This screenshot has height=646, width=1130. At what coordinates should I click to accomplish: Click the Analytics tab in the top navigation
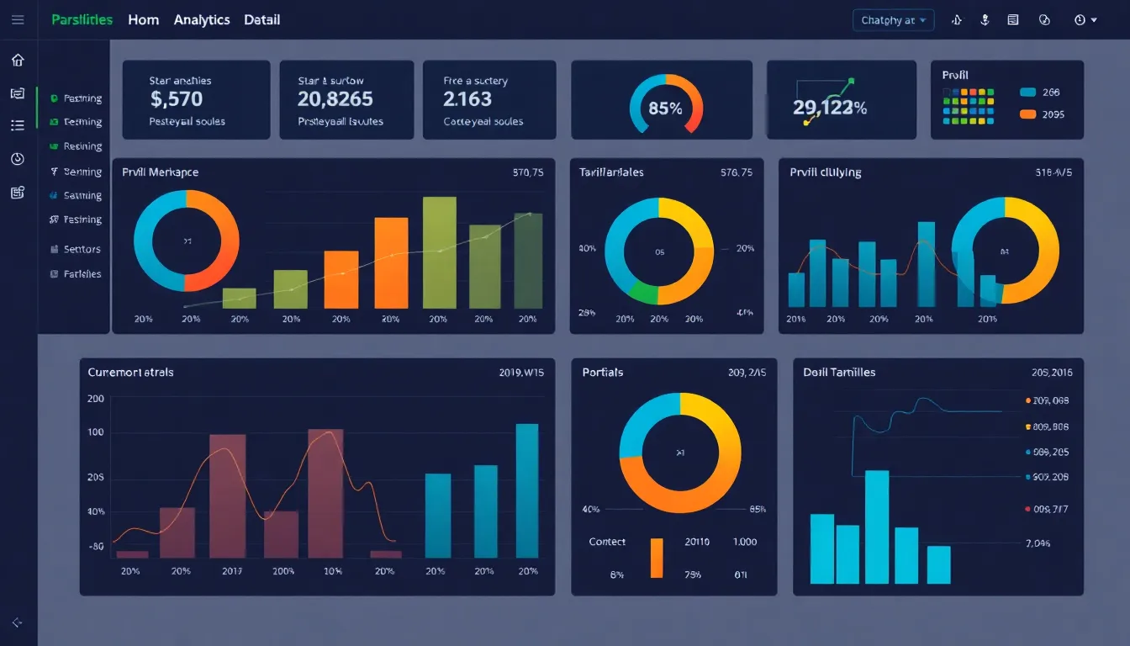pos(202,19)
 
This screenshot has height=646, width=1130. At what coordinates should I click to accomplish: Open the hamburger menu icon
pos(18,19)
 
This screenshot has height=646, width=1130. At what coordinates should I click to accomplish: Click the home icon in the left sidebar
pos(18,60)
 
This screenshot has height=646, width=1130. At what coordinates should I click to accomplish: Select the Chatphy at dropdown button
pos(893,20)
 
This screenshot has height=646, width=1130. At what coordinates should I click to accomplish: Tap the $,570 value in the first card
pos(177,99)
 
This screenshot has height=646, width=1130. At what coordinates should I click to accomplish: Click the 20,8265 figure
pos(335,99)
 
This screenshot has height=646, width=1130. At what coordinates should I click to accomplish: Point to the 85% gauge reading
pos(665,109)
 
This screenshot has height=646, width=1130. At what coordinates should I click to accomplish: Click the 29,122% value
pos(829,108)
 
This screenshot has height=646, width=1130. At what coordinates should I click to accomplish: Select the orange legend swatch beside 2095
pos(1027,114)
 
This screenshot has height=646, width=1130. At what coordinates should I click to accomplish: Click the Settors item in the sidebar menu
pos(82,249)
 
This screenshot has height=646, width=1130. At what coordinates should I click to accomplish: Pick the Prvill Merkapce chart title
pos(160,172)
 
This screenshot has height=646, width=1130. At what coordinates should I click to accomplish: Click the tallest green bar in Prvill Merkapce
pos(439,252)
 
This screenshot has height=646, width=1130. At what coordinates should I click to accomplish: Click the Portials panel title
pos(602,372)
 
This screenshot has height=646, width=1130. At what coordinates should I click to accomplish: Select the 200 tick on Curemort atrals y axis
pos(96,399)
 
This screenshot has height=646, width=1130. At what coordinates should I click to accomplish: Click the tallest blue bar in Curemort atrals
pos(526,490)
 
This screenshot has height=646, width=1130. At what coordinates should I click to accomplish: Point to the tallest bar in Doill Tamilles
pos(877,527)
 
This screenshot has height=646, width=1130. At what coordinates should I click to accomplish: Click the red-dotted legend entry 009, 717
pos(1049,509)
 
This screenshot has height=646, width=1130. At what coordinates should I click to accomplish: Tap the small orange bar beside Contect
pos(657,558)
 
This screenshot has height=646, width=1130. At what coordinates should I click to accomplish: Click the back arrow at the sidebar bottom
pos(18,622)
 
